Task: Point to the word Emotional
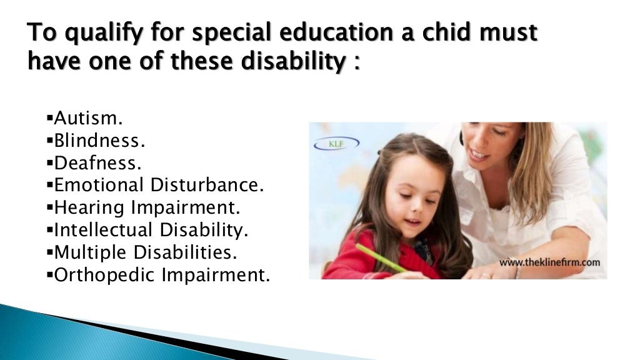click(98, 185)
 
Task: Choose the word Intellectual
click(103, 230)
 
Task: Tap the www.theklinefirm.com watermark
click(549, 262)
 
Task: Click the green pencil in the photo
click(381, 257)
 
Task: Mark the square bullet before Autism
click(49, 118)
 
